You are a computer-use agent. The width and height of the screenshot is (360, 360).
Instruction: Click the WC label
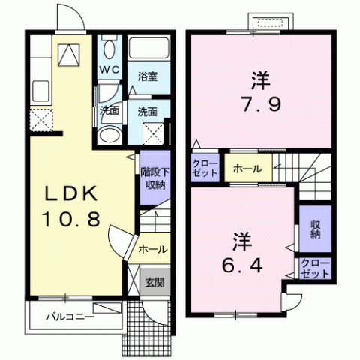[109, 70]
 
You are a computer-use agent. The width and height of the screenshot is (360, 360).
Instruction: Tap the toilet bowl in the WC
[109, 49]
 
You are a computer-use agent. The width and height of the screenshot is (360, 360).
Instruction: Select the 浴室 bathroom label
[148, 76]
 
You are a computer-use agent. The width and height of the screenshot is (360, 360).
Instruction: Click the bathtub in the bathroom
[149, 48]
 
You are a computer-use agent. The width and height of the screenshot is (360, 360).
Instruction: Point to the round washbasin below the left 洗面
[109, 135]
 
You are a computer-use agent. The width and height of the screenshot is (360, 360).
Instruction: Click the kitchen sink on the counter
[40, 91]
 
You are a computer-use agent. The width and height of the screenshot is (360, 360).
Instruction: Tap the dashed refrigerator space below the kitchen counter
[41, 120]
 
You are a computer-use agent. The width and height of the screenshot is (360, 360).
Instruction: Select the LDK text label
[71, 194]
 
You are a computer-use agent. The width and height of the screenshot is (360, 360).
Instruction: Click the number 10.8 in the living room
[72, 218]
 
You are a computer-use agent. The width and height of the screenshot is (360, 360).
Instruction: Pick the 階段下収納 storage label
[155, 178]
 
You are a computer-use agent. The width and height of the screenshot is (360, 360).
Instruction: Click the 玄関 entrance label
[155, 283]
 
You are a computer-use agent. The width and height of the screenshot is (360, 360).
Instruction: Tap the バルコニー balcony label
[70, 317]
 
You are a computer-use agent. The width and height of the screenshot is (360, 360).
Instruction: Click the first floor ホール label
[153, 249]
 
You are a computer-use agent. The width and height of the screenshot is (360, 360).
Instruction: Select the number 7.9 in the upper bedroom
[261, 104]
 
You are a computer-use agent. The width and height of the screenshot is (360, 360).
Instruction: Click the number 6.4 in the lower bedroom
[242, 265]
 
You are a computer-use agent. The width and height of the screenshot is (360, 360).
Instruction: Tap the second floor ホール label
[247, 169]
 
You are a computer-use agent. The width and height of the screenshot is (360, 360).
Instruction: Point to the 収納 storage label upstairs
[316, 229]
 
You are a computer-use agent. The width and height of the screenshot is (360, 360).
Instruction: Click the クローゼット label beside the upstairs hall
[205, 169]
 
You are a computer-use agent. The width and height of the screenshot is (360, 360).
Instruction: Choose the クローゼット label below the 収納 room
[315, 269]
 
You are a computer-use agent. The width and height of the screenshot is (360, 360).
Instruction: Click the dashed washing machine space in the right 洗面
[153, 133]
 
